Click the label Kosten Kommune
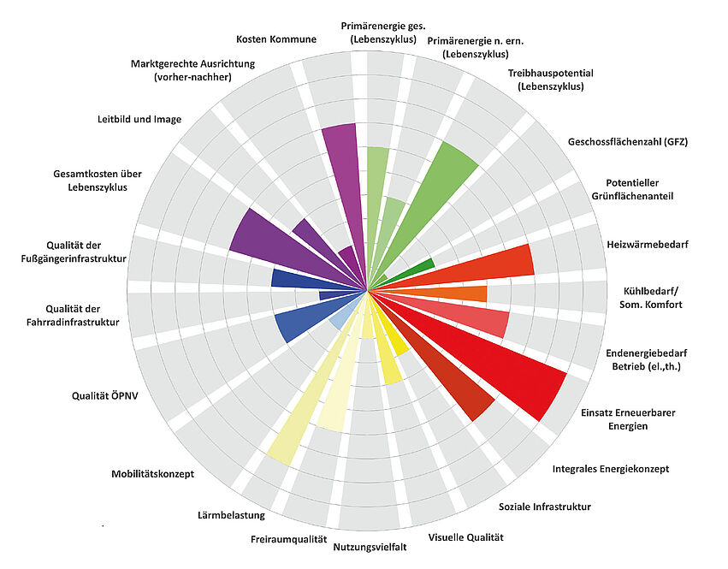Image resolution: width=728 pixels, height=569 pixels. [275, 39]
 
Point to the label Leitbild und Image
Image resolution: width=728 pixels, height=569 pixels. [139, 119]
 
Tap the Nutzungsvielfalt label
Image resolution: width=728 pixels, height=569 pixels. [370, 545]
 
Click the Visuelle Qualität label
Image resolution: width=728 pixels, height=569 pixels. [465, 537]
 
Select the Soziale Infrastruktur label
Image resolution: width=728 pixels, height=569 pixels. [544, 507]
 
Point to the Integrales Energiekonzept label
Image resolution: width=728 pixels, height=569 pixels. [610, 469]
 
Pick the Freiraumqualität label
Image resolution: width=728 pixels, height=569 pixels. [289, 539]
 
